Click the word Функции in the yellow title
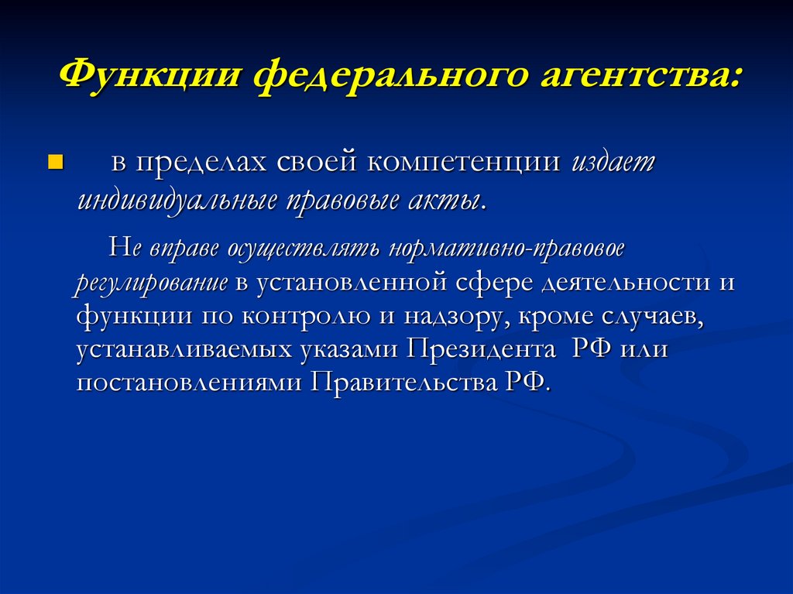[150, 77]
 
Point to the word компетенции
[464, 163]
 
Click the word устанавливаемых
[184, 350]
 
